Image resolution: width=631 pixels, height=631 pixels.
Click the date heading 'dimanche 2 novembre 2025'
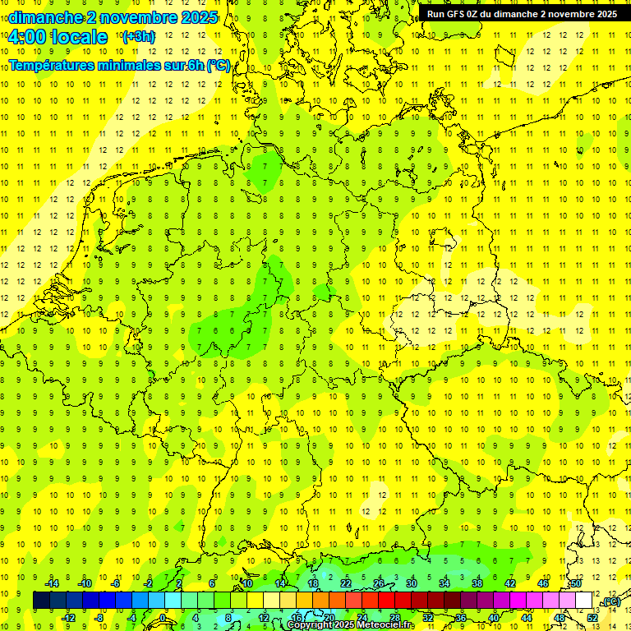(113, 17)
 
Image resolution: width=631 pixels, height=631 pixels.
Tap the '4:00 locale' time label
(57, 37)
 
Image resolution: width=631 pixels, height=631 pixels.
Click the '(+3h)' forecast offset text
(137, 37)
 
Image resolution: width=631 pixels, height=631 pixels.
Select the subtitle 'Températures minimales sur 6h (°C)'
(120, 66)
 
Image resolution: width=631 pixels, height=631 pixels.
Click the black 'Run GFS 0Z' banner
(522, 14)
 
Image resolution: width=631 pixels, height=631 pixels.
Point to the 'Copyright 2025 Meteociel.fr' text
(351, 625)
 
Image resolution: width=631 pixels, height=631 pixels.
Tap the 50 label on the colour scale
(576, 583)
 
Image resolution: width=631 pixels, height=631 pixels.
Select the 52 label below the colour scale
(592, 617)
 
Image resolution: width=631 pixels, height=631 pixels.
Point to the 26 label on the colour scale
(379, 583)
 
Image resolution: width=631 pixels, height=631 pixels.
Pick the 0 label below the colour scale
(164, 617)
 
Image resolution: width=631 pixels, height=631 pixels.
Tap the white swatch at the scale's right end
(584, 600)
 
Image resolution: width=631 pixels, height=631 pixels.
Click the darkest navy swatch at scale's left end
(41, 600)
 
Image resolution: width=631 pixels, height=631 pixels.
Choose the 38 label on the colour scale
(477, 583)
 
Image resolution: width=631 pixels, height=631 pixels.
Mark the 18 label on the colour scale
(313, 583)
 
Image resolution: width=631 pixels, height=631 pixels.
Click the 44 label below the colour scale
(527, 617)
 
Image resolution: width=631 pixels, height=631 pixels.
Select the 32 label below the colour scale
(428, 617)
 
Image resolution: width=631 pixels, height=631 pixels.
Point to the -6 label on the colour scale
(116, 583)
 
